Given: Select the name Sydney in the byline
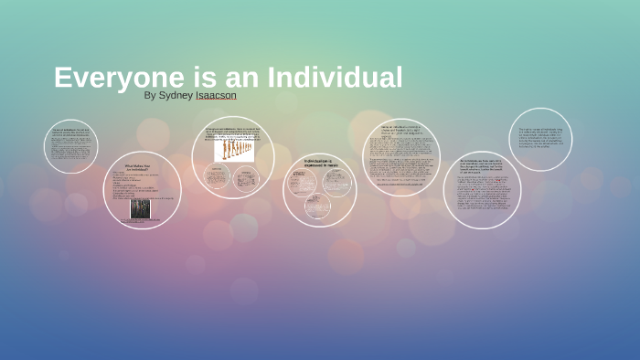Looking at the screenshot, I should pos(176,94).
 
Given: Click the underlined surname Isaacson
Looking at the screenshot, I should pos(217,94).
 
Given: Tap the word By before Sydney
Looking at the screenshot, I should pos(151,94).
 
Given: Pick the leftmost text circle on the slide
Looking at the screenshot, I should pos(70,146).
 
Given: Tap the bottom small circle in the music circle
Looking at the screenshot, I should pos(317,205).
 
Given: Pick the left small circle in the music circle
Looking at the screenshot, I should pos(302,184).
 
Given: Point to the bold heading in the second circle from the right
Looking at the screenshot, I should pos(481,166).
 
